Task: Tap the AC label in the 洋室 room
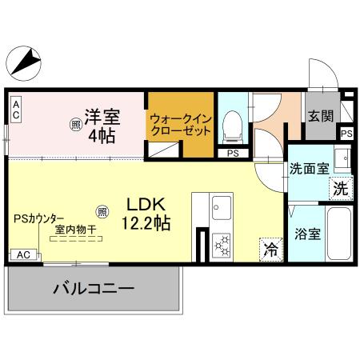[14, 110]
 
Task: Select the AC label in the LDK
[23, 254]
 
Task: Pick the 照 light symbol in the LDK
[102, 212]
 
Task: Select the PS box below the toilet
[233, 152]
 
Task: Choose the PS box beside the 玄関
[346, 134]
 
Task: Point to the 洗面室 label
[309, 169]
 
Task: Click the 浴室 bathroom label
[308, 235]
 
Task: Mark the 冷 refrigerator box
[270, 249]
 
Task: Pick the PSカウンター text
[41, 217]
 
